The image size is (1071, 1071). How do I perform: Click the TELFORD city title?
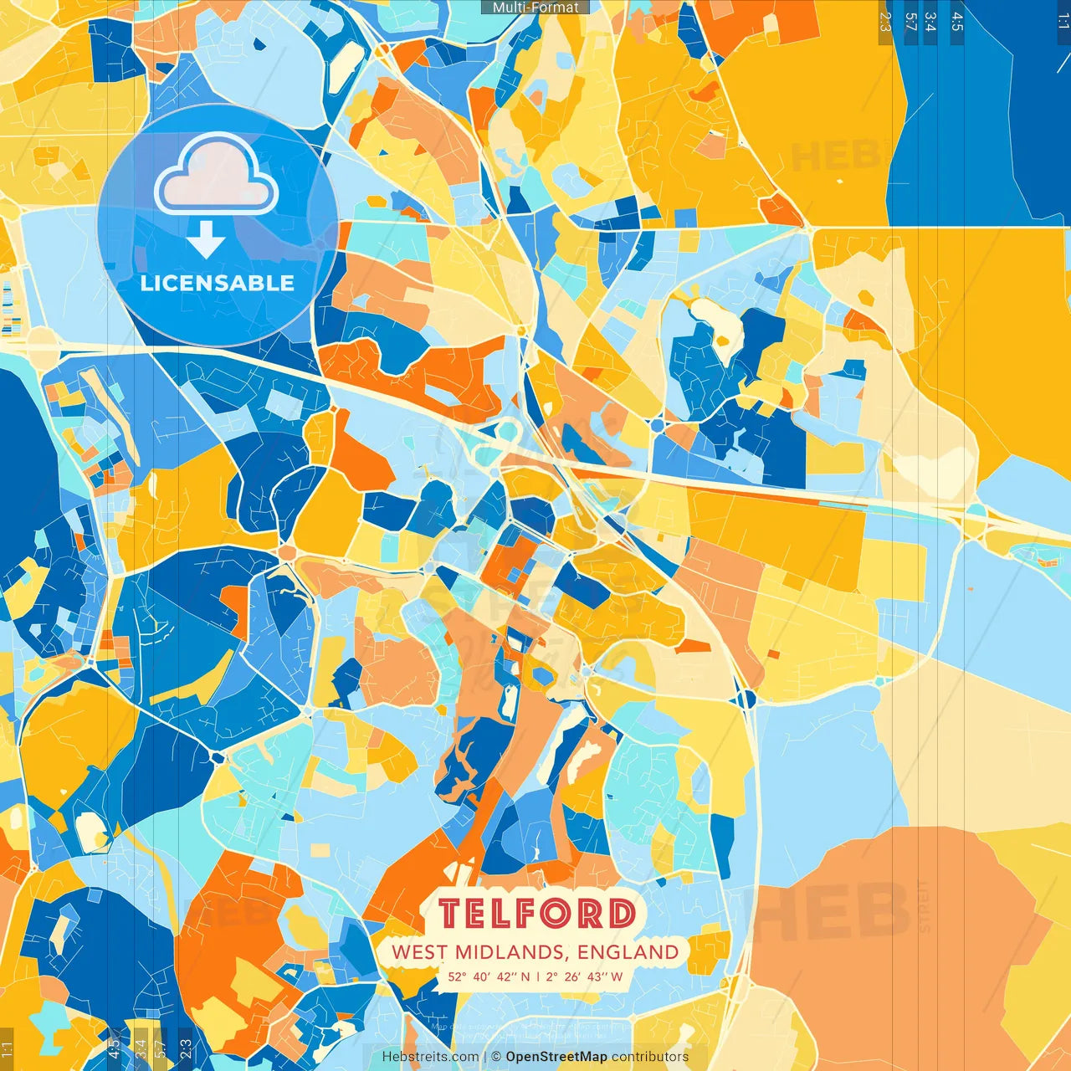tap(536, 914)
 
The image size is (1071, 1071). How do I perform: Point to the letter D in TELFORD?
tap(621, 914)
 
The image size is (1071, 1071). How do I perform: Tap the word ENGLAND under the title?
tap(628, 952)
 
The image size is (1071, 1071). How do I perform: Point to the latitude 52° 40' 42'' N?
tap(489, 976)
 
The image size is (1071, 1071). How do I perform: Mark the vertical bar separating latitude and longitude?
tap(538, 976)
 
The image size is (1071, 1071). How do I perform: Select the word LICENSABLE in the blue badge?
tap(217, 284)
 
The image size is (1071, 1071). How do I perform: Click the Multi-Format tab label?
tap(535, 8)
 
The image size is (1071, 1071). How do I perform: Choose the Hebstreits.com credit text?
tap(430, 1057)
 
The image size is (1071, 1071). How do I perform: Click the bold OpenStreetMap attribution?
tap(556, 1057)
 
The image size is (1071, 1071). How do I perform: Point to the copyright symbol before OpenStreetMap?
tap(496, 1057)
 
